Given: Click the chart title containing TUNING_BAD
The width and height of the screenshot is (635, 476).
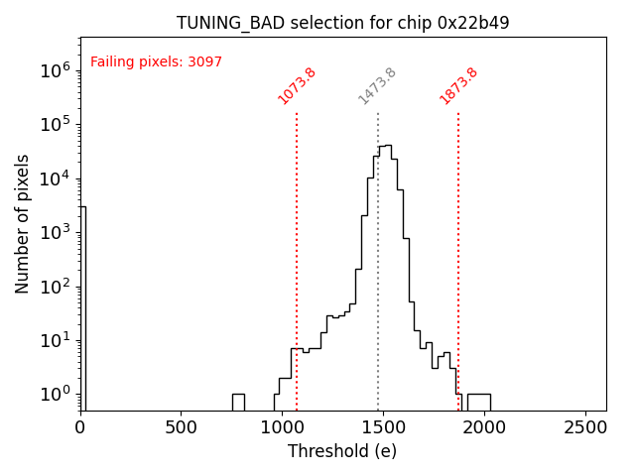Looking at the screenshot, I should [342, 23].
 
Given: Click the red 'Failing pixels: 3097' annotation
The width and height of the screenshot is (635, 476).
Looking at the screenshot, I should [156, 61].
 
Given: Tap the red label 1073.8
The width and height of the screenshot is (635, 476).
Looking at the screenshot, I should [297, 85].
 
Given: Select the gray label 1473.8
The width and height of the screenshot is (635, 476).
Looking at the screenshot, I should [377, 85].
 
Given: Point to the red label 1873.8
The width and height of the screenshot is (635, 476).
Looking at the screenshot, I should [458, 85].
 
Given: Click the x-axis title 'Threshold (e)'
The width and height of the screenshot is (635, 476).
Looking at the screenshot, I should [342, 451].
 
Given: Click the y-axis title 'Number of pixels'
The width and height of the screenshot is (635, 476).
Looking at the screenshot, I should [23, 224].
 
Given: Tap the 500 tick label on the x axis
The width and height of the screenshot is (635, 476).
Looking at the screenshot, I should [180, 427].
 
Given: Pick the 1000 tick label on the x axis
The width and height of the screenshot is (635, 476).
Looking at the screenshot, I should [281, 427].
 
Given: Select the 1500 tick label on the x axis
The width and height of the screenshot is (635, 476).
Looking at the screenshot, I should [382, 427].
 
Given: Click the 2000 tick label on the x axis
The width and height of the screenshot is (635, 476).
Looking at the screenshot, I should [484, 427].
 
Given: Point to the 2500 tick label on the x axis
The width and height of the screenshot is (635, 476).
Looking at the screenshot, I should [585, 427].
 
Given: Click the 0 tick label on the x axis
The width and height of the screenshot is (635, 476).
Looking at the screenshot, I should [80, 427].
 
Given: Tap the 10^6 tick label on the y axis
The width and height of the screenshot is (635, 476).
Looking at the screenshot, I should [53, 70].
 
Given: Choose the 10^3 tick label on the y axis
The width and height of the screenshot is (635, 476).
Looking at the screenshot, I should [53, 232].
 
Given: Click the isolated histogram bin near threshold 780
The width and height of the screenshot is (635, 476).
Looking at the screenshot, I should [238, 402].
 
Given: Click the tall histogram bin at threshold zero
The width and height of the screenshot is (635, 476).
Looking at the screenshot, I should [83, 307].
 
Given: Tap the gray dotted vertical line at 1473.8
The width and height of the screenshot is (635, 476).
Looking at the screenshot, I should [378, 297].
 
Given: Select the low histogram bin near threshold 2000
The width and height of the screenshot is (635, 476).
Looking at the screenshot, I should [479, 402].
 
